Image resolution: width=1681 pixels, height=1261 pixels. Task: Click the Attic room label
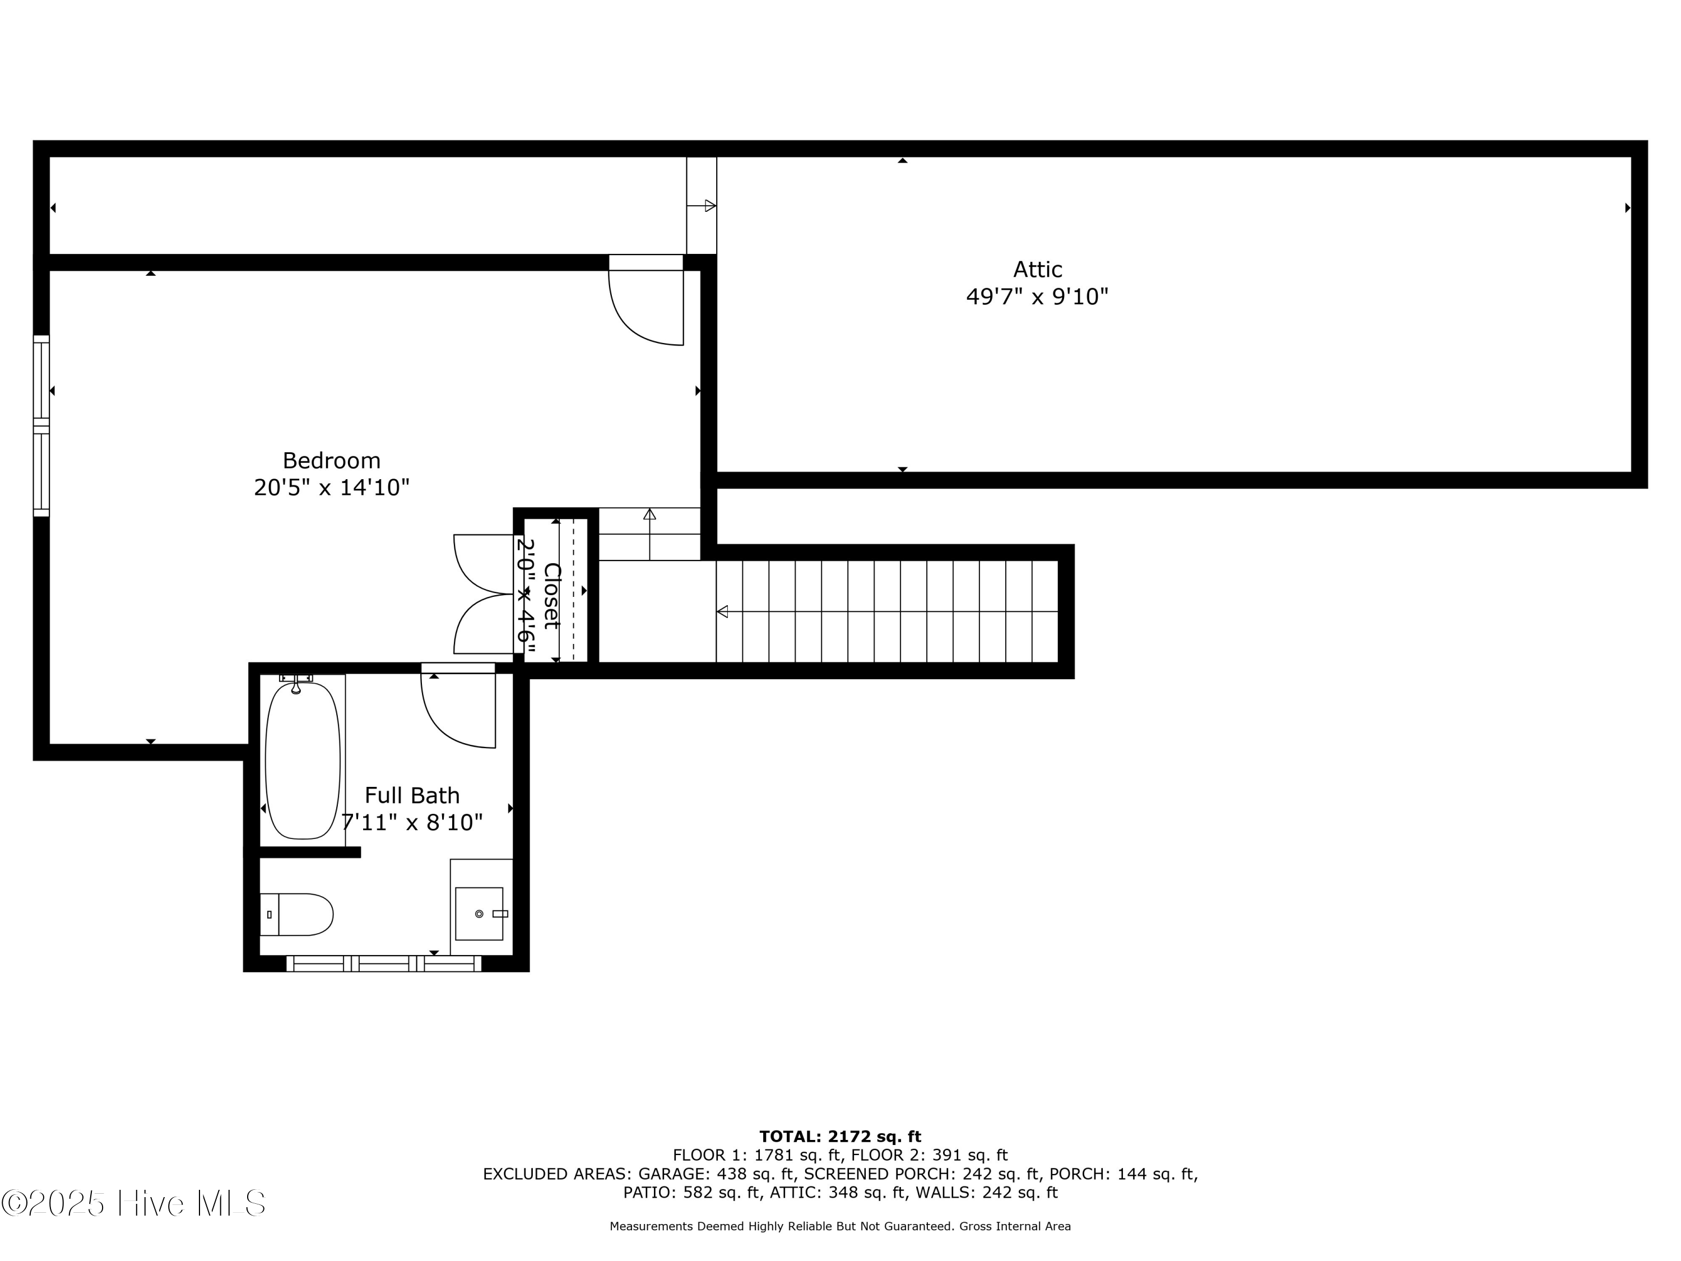click(1037, 269)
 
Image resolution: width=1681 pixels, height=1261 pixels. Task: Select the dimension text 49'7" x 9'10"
click(1037, 296)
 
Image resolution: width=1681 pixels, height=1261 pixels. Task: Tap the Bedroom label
click(331, 460)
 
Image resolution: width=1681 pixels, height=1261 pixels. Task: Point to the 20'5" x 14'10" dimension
click(331, 487)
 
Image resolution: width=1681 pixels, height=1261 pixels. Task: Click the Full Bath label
click(412, 795)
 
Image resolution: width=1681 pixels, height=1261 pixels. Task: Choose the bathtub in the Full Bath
click(303, 760)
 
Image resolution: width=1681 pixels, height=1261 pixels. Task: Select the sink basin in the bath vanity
click(479, 914)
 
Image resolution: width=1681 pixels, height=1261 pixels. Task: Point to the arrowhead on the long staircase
click(722, 611)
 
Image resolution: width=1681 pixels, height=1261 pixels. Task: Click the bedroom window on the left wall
click(41, 425)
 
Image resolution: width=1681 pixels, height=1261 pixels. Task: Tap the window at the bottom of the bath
click(384, 964)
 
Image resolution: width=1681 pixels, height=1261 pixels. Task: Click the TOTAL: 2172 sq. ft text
click(840, 1137)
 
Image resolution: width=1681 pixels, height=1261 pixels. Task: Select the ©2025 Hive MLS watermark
click(133, 1203)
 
